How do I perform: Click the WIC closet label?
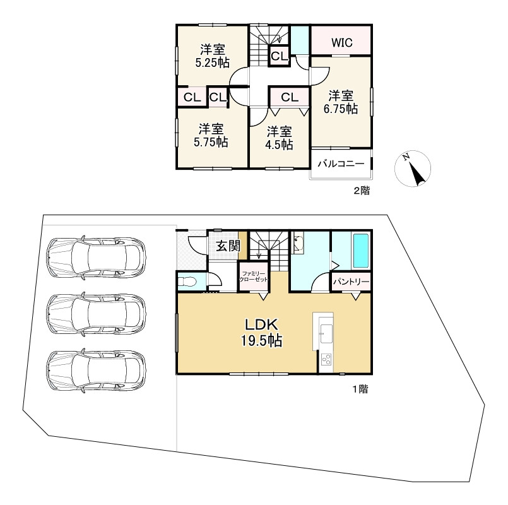(342, 42)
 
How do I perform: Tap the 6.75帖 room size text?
(341, 109)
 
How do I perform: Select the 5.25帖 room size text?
(213, 62)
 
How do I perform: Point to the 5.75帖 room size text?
(211, 142)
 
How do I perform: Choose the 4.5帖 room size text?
(280, 145)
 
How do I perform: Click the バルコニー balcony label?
(341, 163)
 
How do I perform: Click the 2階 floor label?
(361, 191)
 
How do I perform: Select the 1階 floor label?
(360, 389)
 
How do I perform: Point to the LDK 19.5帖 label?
(261, 333)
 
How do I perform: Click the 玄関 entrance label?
(228, 246)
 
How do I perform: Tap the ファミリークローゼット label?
(254, 276)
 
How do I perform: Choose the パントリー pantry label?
(351, 282)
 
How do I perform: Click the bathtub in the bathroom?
(361, 251)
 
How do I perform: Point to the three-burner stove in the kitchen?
(326, 359)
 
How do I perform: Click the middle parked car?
(96, 314)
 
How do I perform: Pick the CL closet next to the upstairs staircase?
(280, 56)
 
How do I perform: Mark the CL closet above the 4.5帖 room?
(289, 97)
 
